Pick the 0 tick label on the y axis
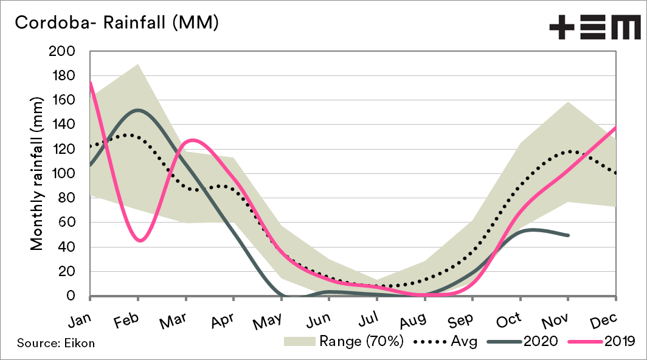click(76, 296)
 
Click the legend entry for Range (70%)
click(344, 342)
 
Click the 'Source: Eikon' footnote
click(56, 343)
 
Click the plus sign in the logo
click(563, 27)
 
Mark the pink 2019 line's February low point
click(140, 241)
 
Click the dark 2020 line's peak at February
click(138, 110)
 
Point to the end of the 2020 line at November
click(569, 235)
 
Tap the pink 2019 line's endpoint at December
click(616, 128)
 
